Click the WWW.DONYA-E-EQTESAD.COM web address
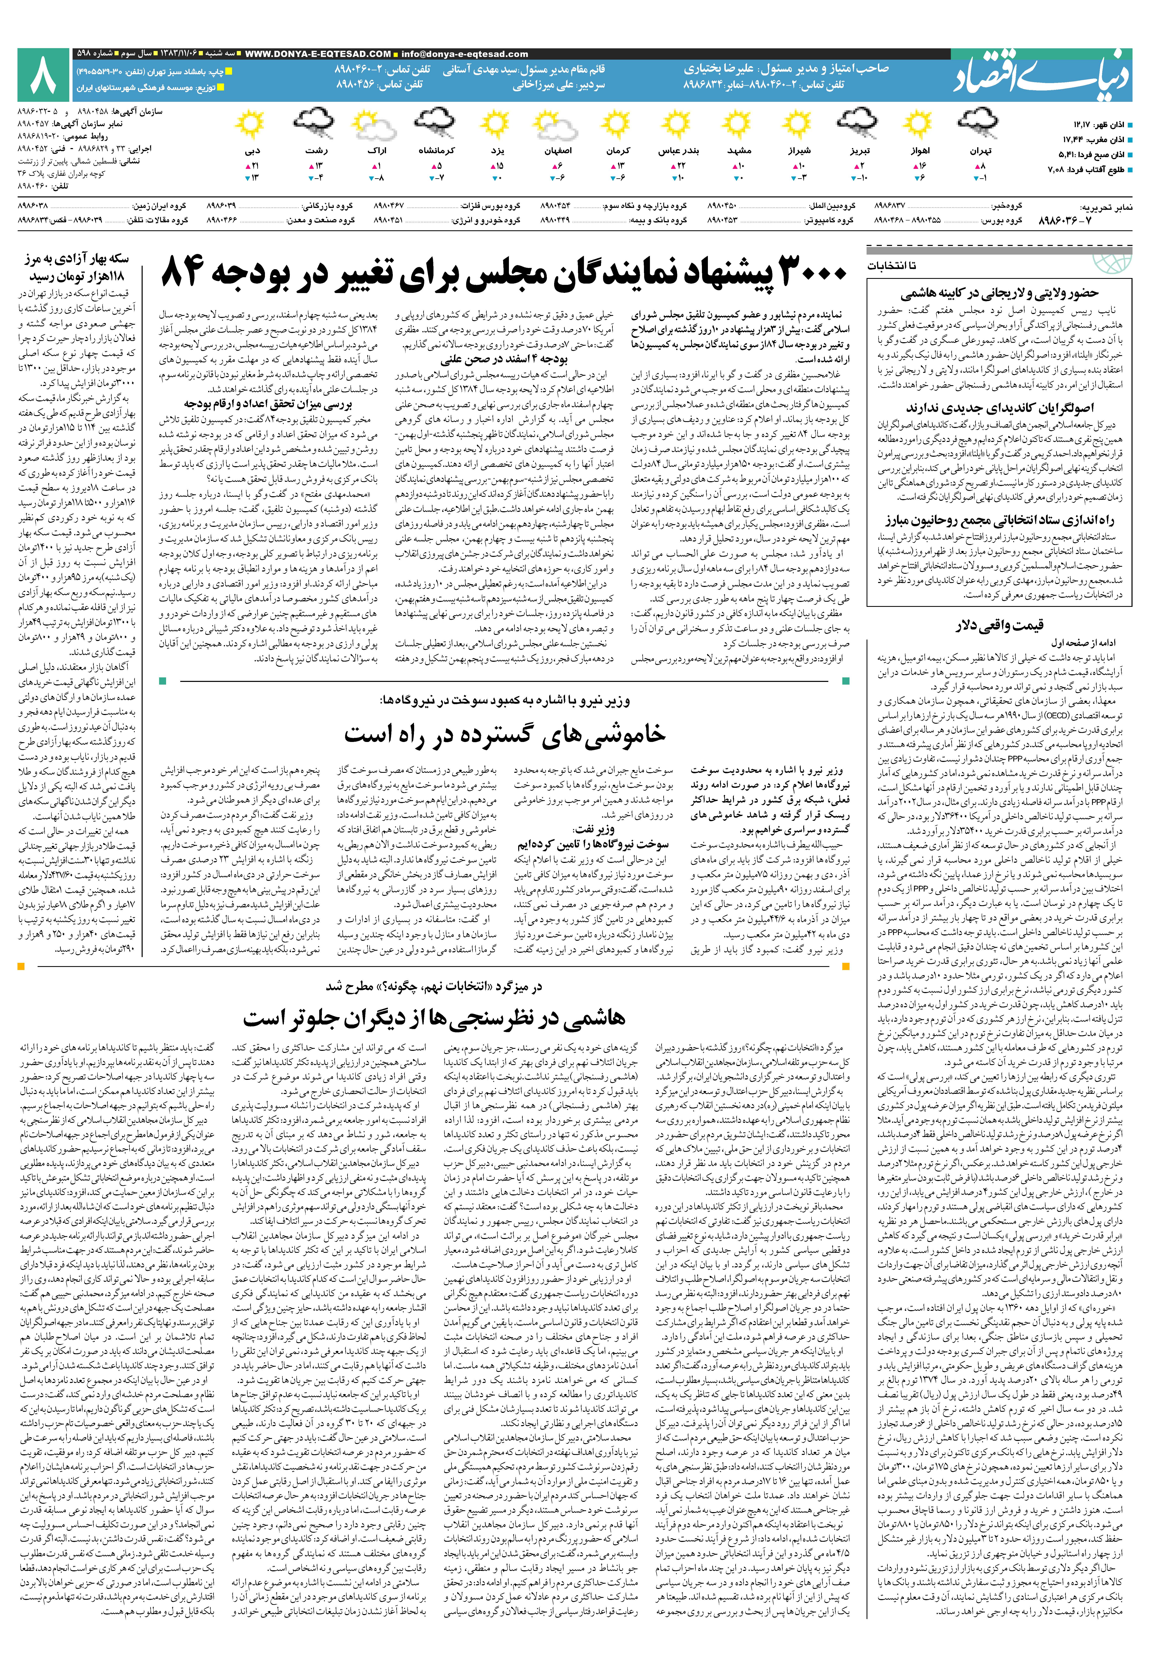coord(318,54)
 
